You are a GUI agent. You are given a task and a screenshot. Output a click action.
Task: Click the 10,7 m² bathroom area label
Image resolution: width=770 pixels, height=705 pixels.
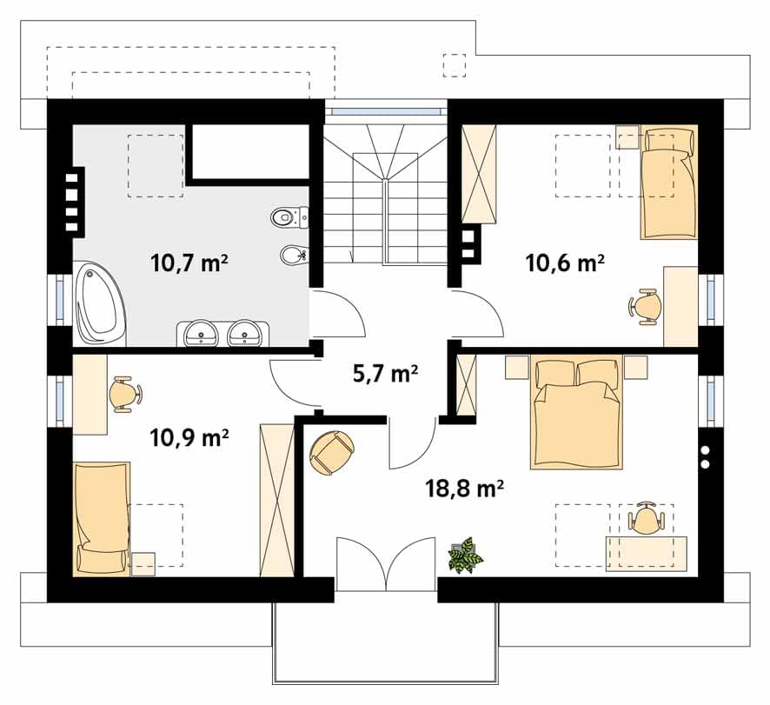coord(189,263)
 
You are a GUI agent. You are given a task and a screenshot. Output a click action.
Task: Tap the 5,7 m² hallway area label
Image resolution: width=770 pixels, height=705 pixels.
coord(385,374)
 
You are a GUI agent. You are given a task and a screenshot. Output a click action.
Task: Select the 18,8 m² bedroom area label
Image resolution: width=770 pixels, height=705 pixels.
coord(464,489)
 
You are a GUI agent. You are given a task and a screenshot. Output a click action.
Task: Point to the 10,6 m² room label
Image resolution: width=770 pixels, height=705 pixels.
coord(565,263)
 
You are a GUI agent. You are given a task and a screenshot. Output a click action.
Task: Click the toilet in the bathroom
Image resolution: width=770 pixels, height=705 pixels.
coord(289,216)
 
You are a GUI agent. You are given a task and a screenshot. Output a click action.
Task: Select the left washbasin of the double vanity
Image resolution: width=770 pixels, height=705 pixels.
coord(201,334)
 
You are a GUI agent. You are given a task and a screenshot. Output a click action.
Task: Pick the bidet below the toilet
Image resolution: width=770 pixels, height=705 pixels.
coord(294,254)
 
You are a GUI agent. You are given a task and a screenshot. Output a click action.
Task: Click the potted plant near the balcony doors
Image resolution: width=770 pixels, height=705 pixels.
coord(465,555)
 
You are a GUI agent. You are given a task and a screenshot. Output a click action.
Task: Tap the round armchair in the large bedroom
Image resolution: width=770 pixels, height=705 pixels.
coord(331,453)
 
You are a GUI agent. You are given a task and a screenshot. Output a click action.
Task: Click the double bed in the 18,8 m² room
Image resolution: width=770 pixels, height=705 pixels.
coord(576,412)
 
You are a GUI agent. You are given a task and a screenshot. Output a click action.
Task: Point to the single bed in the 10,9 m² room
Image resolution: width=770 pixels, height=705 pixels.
coord(102,518)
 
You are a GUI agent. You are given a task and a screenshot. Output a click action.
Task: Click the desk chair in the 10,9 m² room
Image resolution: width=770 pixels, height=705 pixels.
coord(125,393)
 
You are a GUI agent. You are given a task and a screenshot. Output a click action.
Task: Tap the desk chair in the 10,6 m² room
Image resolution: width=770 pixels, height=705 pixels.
coord(644,307)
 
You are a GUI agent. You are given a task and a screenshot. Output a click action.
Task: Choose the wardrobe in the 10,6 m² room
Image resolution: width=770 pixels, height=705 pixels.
coord(480,174)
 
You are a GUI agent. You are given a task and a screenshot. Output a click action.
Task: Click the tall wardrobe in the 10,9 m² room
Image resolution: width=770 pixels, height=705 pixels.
coord(276,499)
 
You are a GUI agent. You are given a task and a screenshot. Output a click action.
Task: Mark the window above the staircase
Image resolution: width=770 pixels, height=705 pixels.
coord(386,111)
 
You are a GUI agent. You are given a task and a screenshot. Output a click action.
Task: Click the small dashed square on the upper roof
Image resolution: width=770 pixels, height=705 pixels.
coord(455,65)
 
